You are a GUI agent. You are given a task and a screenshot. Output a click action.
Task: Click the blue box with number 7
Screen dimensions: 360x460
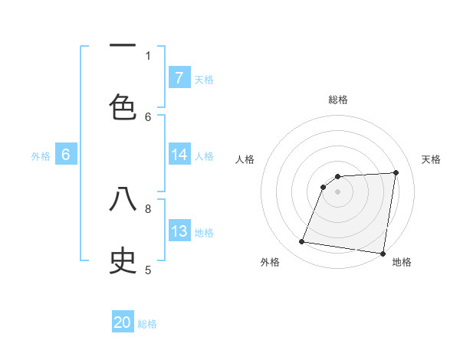[179, 77]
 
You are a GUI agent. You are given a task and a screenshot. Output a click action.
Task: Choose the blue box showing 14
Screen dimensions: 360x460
[179, 155]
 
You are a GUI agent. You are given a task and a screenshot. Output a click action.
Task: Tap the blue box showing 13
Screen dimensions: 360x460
[179, 231]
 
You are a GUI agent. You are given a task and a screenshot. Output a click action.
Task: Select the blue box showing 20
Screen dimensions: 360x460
[123, 322]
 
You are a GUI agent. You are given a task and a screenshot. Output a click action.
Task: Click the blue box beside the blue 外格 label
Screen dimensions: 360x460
[66, 155]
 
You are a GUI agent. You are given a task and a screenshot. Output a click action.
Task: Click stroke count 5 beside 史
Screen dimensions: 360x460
[148, 270]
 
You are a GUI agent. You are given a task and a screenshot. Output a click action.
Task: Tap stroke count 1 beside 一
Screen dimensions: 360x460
[148, 55]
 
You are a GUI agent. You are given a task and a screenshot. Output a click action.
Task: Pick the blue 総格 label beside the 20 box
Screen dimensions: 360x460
[147, 324]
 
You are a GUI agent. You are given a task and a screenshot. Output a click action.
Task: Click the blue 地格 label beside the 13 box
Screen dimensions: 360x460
[204, 233]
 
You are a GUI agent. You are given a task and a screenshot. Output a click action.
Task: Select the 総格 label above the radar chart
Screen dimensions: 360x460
[337, 100]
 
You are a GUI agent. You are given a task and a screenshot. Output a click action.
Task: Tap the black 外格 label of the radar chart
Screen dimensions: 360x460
[270, 262]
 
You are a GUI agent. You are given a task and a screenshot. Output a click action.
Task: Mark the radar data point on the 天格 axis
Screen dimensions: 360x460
[396, 172]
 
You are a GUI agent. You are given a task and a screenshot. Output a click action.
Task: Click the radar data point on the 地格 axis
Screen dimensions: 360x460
[383, 254]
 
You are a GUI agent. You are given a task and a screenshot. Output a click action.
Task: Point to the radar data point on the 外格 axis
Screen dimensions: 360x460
[302, 242]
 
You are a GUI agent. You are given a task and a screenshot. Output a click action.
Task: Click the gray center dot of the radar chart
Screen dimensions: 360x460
[337, 191]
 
